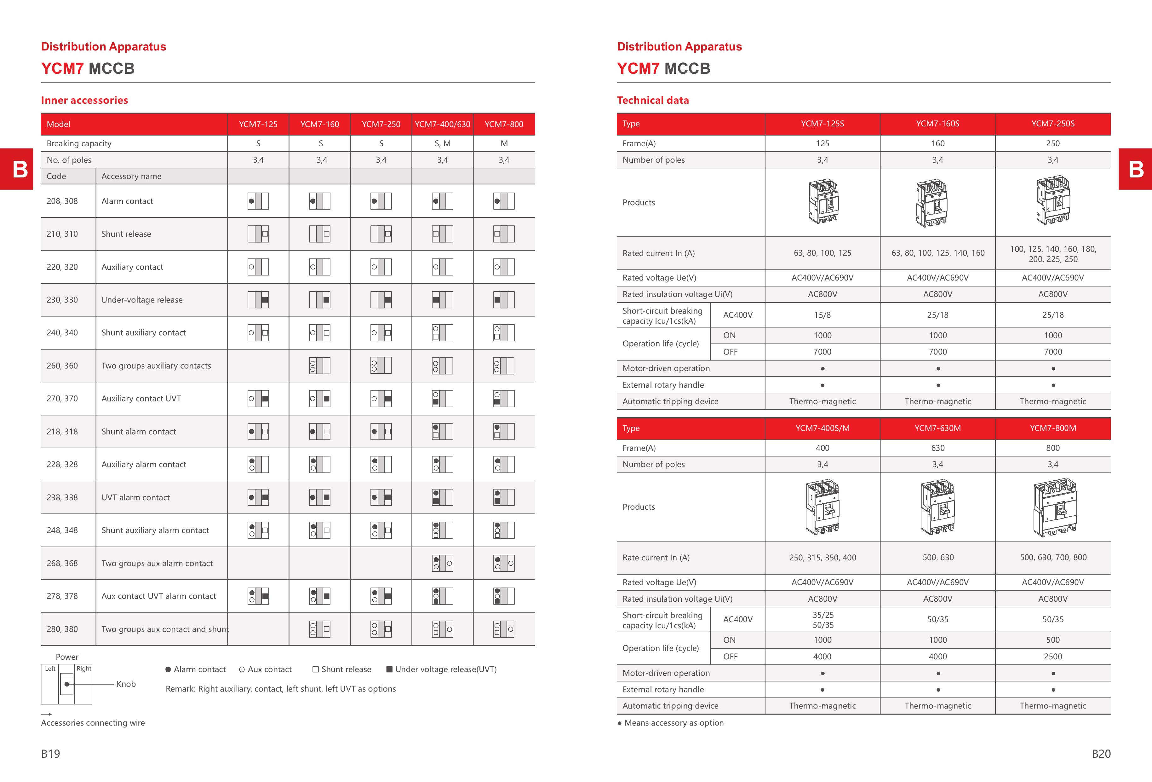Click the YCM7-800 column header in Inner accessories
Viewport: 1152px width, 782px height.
pyautogui.click(x=504, y=124)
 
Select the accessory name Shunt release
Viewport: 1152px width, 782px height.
pyautogui.click(x=126, y=234)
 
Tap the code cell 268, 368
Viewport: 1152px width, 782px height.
pyautogui.click(x=62, y=563)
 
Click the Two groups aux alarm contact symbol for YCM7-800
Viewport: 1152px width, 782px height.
pyautogui.click(x=504, y=563)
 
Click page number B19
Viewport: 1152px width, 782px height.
pyautogui.click(x=51, y=754)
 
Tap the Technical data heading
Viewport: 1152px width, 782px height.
pyautogui.click(x=653, y=100)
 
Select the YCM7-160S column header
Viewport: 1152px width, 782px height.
pyautogui.click(x=937, y=124)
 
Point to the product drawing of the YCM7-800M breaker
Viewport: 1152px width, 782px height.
pyautogui.click(x=1053, y=507)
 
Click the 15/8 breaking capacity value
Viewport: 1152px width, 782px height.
pyautogui.click(x=822, y=315)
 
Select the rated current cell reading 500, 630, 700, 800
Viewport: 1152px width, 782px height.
pyautogui.click(x=1053, y=557)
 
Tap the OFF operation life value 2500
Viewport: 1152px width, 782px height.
pyautogui.click(x=1053, y=657)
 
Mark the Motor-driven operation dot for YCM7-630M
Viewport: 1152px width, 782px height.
pyautogui.click(x=938, y=673)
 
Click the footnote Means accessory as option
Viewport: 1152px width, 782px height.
pyautogui.click(x=673, y=723)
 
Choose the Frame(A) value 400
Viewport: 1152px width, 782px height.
pyautogui.click(x=822, y=448)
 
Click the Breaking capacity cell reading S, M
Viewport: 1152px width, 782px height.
pyautogui.click(x=442, y=143)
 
